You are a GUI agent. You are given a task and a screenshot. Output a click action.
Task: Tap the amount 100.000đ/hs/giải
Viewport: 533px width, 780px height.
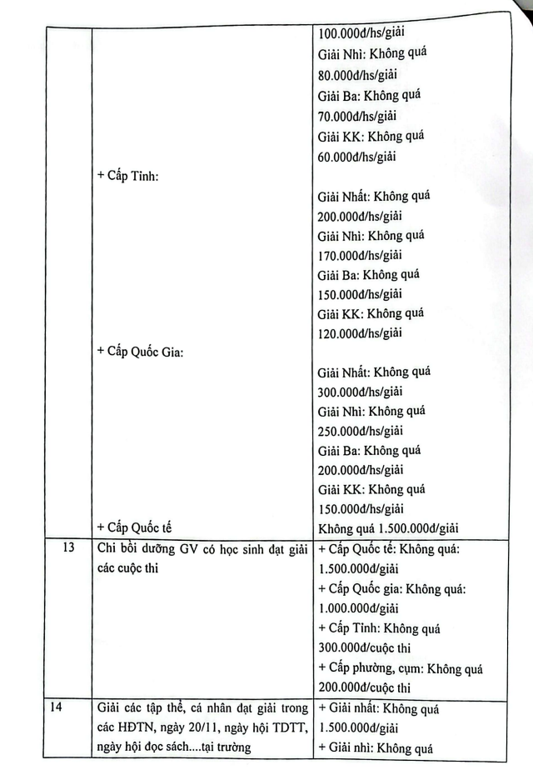[363, 37]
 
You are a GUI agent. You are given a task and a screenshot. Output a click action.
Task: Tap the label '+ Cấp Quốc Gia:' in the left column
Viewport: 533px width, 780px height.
[140, 351]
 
